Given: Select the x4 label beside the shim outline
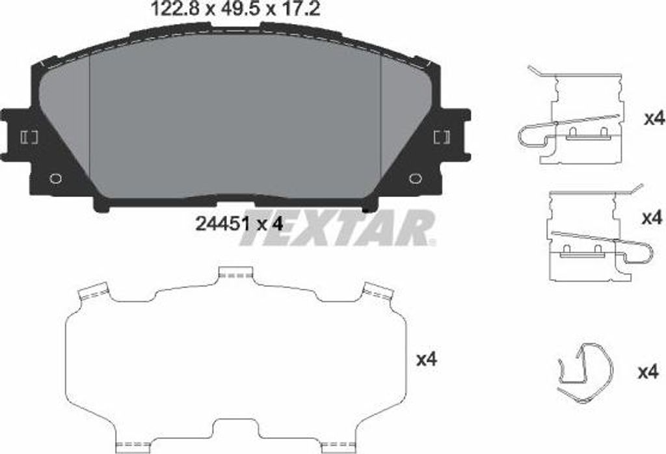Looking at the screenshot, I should tap(427, 359).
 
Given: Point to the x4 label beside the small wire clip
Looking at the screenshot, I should tap(648, 373).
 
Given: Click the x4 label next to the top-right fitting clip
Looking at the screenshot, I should tap(652, 119).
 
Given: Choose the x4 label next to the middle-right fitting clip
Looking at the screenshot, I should tap(651, 218).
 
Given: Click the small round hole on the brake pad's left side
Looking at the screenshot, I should tap(56, 178).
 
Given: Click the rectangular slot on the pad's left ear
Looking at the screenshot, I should tap(30, 137).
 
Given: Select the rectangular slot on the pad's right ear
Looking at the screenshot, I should tap(441, 137).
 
